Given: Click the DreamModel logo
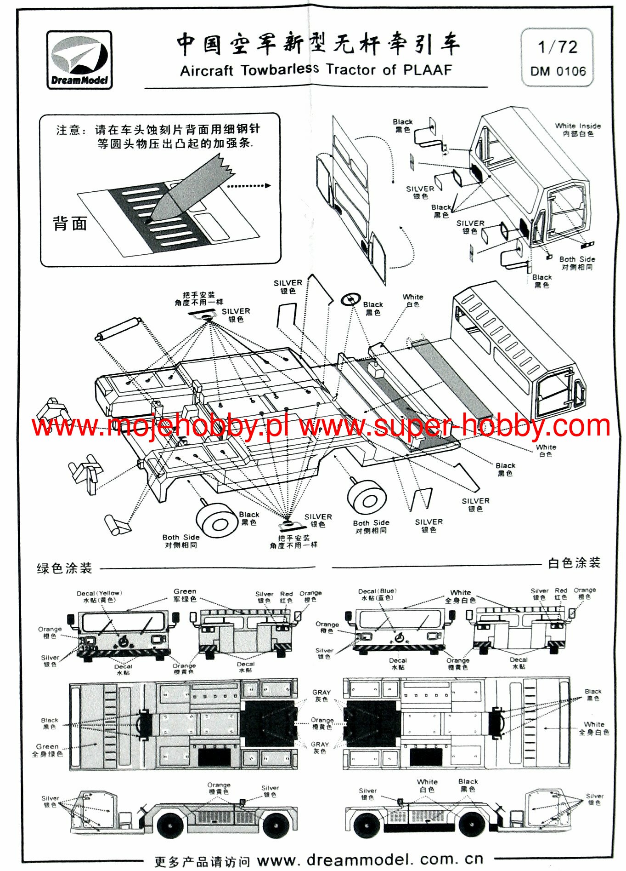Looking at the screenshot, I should pos(79,60).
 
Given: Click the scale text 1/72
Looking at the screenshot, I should pos(557,47).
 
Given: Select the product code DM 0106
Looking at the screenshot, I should pos(558,71).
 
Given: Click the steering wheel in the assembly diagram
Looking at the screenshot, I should pos(351,299).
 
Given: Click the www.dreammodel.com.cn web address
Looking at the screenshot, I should pos(370,859).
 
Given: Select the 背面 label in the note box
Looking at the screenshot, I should pos(70,223).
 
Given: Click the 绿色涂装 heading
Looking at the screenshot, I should pos(64,568).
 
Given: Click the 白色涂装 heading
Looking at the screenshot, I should pos(574,563).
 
